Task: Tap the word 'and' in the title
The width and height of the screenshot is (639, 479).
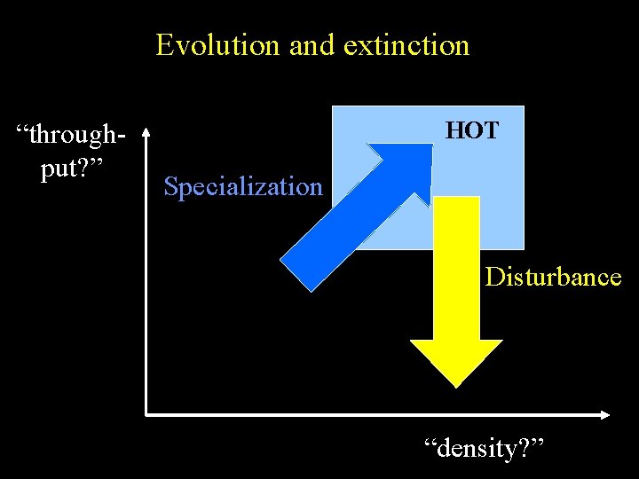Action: pyautogui.click(x=312, y=44)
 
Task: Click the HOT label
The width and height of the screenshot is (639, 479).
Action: pyautogui.click(x=472, y=131)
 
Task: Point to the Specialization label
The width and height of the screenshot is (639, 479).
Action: pyautogui.click(x=243, y=187)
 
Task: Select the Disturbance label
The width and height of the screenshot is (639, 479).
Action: pyautogui.click(x=553, y=277)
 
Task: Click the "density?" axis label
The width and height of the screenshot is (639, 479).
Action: pyautogui.click(x=485, y=448)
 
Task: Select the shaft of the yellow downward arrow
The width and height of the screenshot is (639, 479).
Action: pyautogui.click(x=457, y=266)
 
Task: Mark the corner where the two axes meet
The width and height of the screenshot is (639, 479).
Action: pyautogui.click(x=146, y=414)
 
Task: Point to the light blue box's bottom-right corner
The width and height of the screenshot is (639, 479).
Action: pyautogui.click(x=523, y=247)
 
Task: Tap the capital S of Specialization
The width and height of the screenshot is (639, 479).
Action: pyautogui.click(x=171, y=187)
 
